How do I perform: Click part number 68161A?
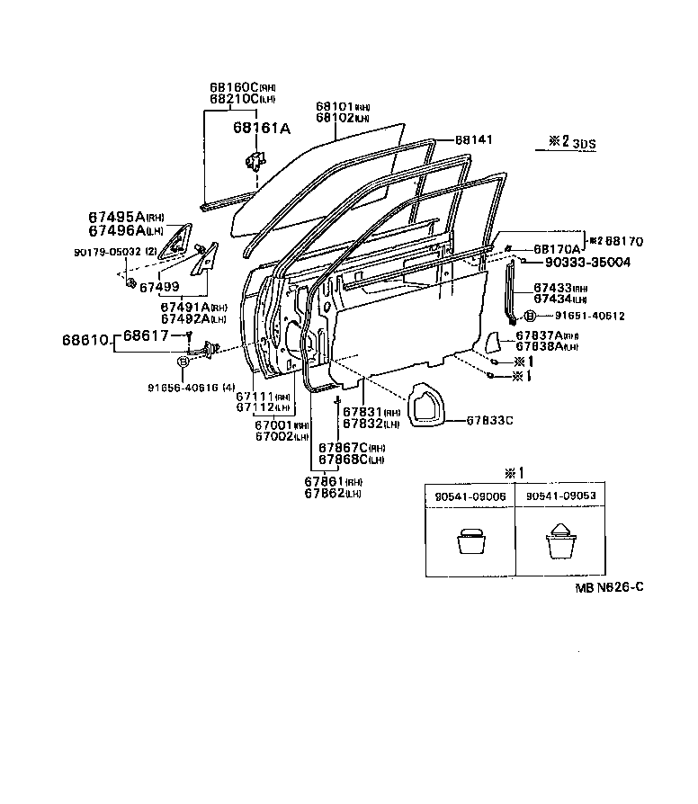(x=262, y=129)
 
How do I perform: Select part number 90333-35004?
(x=586, y=263)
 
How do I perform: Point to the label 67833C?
(x=490, y=420)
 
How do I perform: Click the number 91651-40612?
(x=589, y=316)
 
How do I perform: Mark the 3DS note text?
(x=586, y=143)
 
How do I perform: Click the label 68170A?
(x=554, y=247)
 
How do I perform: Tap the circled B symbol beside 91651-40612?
(x=530, y=316)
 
